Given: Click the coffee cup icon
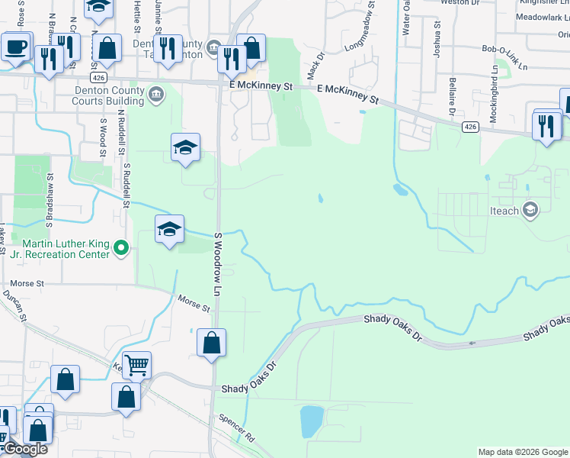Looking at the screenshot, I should coord(16,47).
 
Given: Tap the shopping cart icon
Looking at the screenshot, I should coord(136,365).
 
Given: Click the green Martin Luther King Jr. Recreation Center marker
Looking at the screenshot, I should coord(121,247).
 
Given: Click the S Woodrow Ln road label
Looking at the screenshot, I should coord(218,265).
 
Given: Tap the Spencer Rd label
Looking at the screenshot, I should coord(237,429).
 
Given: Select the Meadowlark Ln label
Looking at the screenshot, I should coord(542,17).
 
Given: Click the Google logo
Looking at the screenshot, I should coord(24,449).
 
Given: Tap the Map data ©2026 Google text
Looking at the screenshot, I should coord(522,452).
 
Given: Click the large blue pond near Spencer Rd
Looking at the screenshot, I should coord(312,421).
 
